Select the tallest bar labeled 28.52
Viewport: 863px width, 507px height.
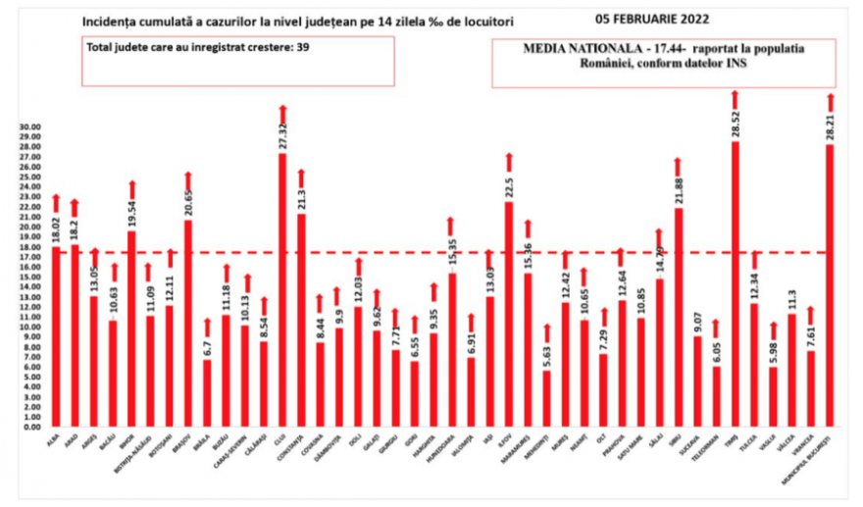[735, 284]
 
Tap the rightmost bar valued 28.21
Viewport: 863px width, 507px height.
[830, 285]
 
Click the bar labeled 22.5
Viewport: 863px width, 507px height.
[509, 314]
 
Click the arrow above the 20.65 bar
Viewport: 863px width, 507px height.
[188, 180]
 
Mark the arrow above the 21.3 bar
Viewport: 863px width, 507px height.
[301, 177]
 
